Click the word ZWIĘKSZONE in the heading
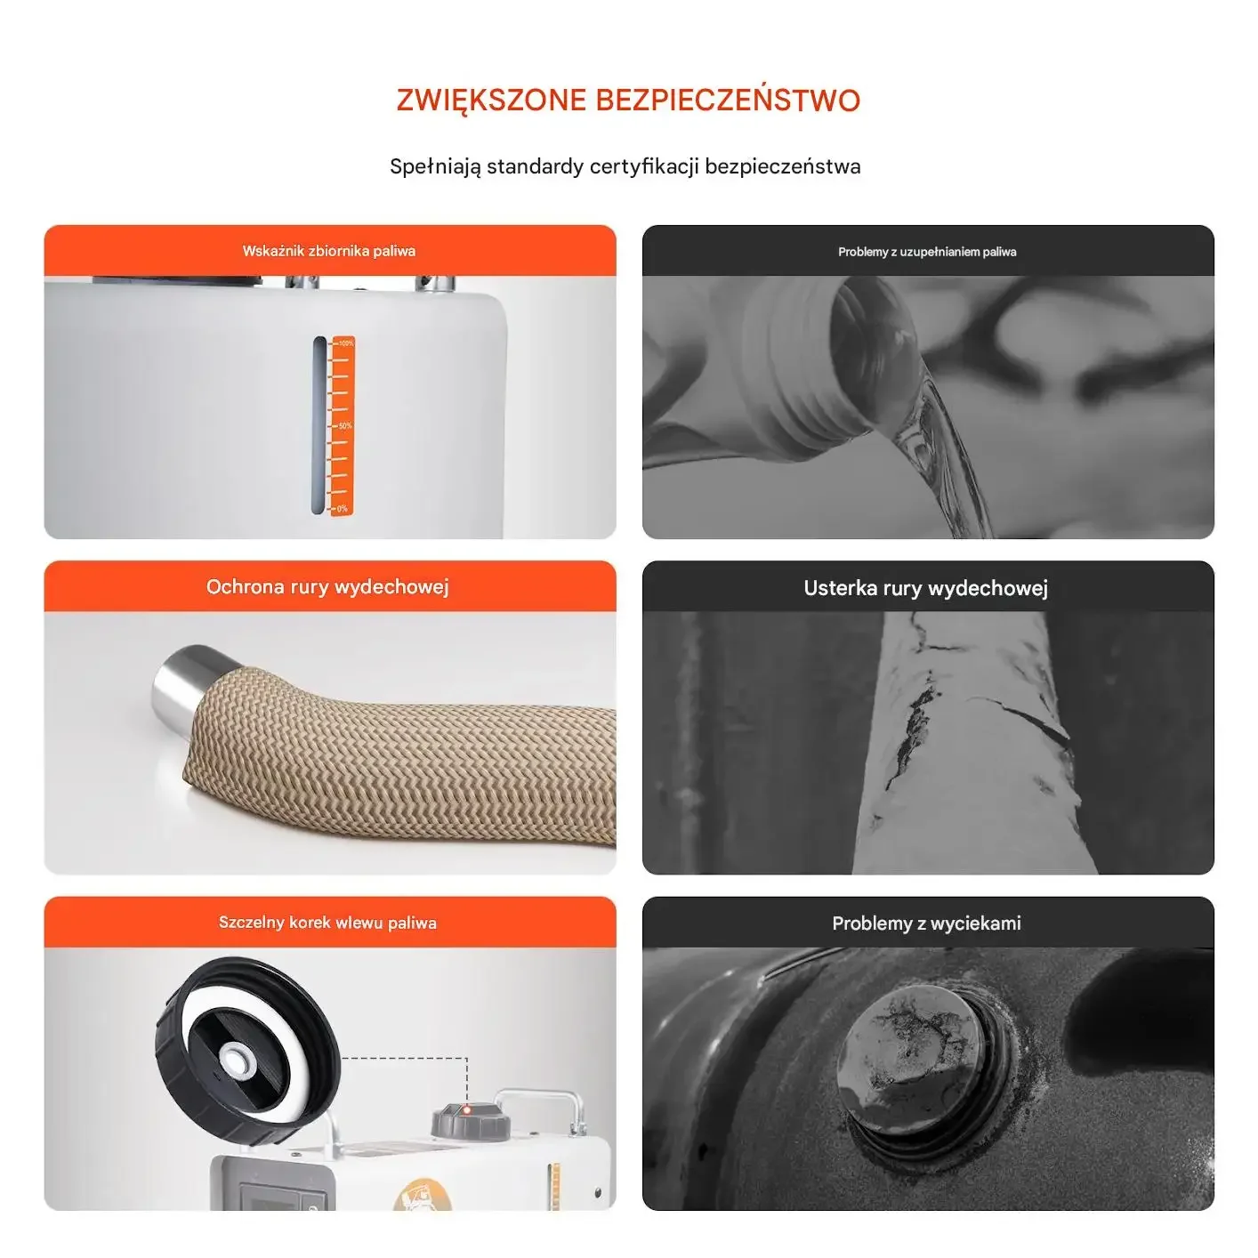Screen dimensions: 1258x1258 (x=491, y=101)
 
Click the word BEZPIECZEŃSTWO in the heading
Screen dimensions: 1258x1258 (x=728, y=100)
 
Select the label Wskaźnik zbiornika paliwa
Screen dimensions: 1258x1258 (x=328, y=251)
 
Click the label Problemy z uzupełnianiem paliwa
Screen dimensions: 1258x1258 (x=927, y=252)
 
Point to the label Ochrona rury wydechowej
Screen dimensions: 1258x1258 (x=327, y=586)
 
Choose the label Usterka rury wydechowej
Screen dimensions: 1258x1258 (x=926, y=587)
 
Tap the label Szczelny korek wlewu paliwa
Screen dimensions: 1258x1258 (x=327, y=922)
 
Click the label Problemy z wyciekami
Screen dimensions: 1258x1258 (x=926, y=923)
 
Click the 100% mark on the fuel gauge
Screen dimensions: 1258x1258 (x=345, y=343)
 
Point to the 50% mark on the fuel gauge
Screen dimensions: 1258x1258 (x=344, y=425)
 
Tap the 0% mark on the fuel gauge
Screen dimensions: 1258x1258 (x=343, y=509)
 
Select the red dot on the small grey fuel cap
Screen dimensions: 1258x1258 (x=467, y=1110)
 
